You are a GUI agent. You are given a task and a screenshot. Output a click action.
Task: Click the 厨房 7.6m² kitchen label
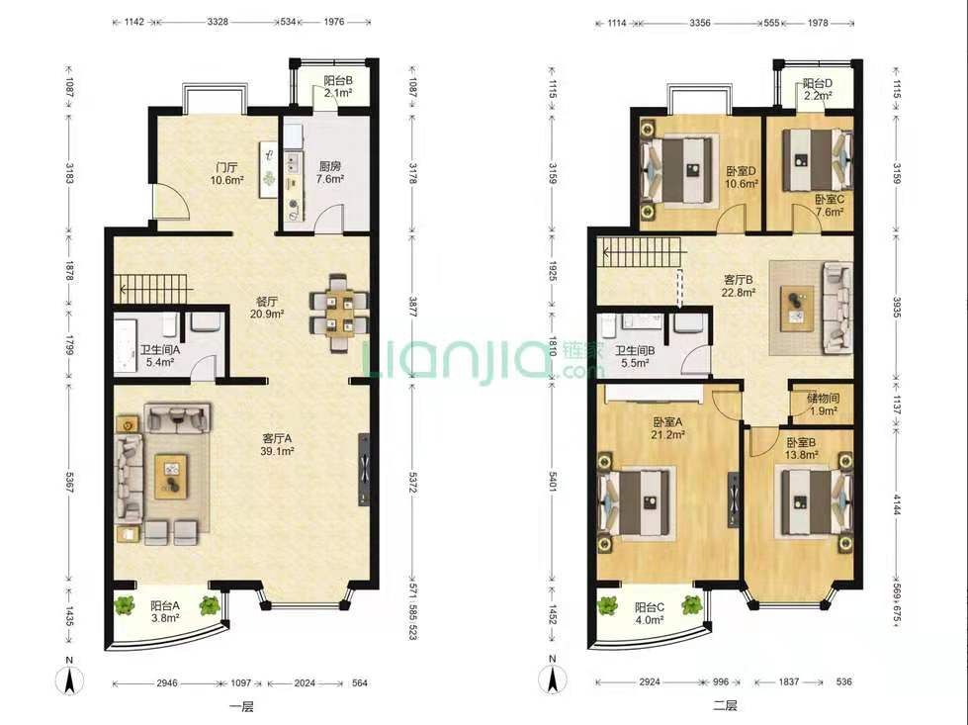pyautogui.click(x=330, y=173)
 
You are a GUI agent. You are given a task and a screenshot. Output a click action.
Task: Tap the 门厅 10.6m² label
pyautogui.click(x=226, y=173)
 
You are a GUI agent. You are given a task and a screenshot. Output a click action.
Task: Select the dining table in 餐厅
pyautogui.click(x=339, y=313)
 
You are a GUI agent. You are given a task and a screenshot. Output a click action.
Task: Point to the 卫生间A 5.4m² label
pyautogui.click(x=160, y=356)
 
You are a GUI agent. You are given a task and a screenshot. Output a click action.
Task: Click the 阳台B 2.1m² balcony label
pyautogui.click(x=338, y=86)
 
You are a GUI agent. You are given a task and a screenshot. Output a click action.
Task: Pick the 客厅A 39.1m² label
pyautogui.click(x=277, y=445)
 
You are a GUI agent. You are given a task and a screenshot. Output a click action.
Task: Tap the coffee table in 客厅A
pyautogui.click(x=171, y=476)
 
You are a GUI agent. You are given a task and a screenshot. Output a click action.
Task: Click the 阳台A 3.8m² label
pyautogui.click(x=165, y=611)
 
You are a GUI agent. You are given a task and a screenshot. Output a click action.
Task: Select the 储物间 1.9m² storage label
pyautogui.click(x=823, y=404)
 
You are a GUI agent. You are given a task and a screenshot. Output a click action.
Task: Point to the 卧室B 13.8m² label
pyautogui.click(x=801, y=449)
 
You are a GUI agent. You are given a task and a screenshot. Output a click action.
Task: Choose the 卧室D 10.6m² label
pyautogui.click(x=742, y=177)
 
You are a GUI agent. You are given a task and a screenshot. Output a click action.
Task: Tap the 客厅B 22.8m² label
pyautogui.click(x=739, y=286)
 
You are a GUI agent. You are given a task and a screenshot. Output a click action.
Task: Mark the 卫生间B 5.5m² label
pyautogui.click(x=635, y=357)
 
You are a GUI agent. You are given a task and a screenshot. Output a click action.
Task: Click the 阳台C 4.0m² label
pyautogui.click(x=650, y=614)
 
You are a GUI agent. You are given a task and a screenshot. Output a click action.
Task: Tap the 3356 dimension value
pyautogui.click(x=700, y=23)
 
